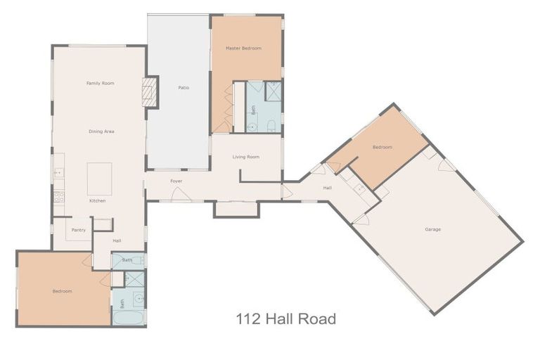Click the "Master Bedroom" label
[x=243, y=49]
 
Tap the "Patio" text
[x=184, y=88]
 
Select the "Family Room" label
[x=100, y=83]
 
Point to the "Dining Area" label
[x=101, y=131]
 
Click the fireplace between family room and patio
[x=149, y=92]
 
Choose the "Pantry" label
[x=78, y=230]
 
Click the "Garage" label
[x=432, y=229]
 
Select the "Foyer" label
[x=176, y=181]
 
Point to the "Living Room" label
[x=246, y=157]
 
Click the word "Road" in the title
[x=314, y=319]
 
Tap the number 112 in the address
[x=248, y=319]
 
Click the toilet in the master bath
[x=271, y=125]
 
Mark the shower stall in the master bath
[x=273, y=91]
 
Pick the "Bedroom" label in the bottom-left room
[x=62, y=291]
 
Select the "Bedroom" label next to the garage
[x=382, y=147]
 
